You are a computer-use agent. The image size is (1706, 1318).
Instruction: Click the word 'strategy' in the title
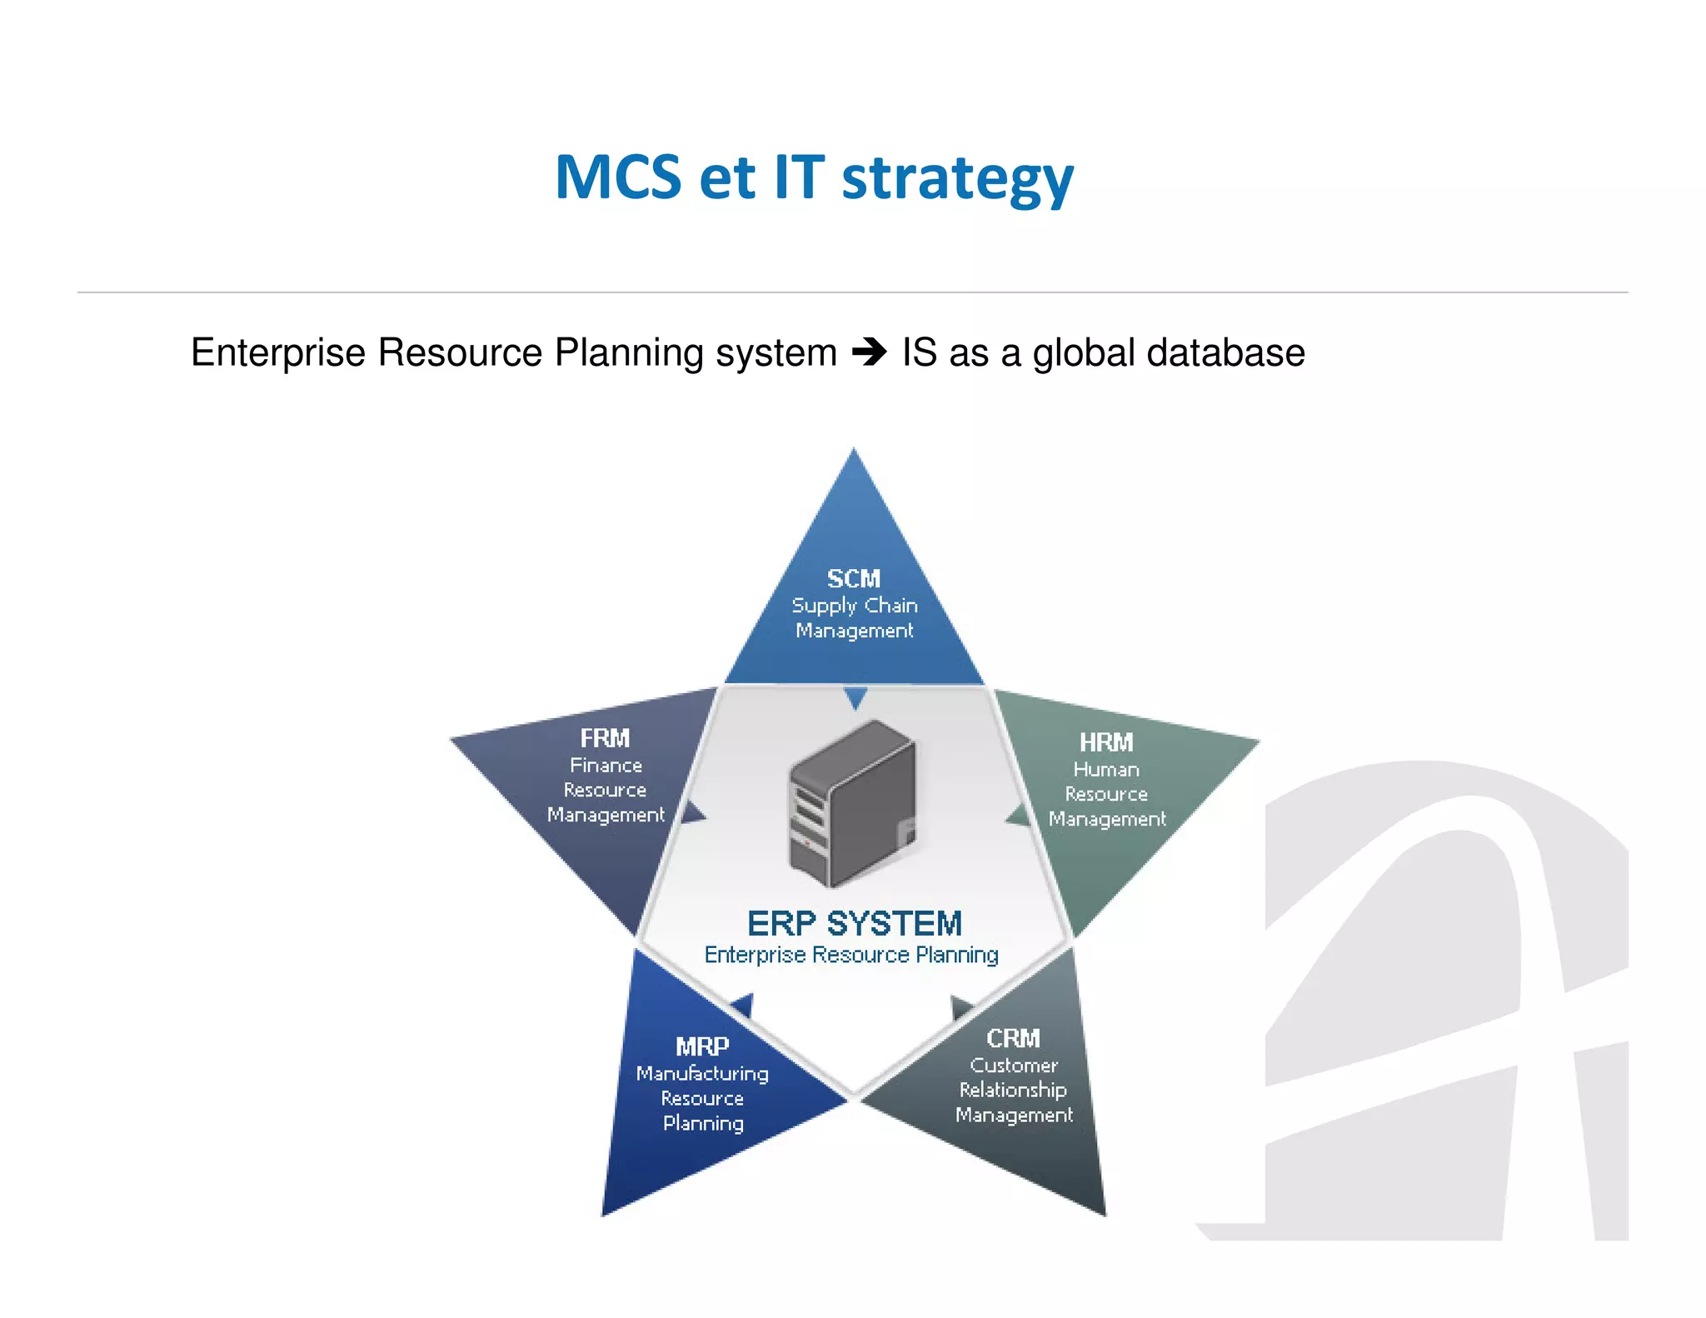pos(957,179)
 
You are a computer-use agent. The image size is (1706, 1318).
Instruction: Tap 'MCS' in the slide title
pos(618,177)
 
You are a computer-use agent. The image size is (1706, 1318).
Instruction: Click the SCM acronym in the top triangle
pos(853,578)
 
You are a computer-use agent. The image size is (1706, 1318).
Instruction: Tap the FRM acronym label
pos(605,738)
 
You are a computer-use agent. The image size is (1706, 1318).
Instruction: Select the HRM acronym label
pos(1106,742)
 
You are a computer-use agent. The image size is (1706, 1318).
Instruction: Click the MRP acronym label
pos(702,1046)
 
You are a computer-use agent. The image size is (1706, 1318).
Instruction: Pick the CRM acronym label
pos(1013,1038)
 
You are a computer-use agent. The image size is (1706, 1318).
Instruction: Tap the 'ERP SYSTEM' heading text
pos(855,923)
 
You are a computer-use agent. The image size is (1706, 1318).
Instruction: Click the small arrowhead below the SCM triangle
pos(855,697)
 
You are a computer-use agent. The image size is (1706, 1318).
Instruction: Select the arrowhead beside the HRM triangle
pos(1018,816)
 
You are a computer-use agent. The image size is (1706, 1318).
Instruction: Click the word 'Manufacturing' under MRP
pos(702,1074)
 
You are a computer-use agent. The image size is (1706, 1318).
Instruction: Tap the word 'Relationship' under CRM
pos(1013,1090)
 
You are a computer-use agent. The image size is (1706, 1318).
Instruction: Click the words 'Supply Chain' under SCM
pos(855,606)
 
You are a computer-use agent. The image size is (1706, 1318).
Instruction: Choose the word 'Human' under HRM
pos(1106,770)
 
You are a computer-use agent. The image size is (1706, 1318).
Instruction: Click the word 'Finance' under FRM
pos(606,766)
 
